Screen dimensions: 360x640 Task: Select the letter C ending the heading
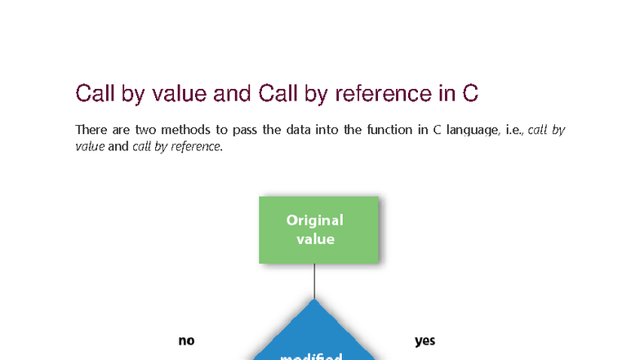(470, 94)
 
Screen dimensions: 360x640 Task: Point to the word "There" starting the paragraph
(91, 130)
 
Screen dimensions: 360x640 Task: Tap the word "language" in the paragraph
(469, 131)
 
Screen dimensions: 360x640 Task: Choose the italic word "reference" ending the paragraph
(196, 147)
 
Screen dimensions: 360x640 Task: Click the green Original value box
(318, 229)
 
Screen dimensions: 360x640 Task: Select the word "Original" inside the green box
(315, 220)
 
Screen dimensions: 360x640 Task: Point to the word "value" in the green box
(315, 239)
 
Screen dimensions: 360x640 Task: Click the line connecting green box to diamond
(315, 281)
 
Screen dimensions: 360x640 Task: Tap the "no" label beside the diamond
(186, 340)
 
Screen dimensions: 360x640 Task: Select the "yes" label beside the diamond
(424, 340)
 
